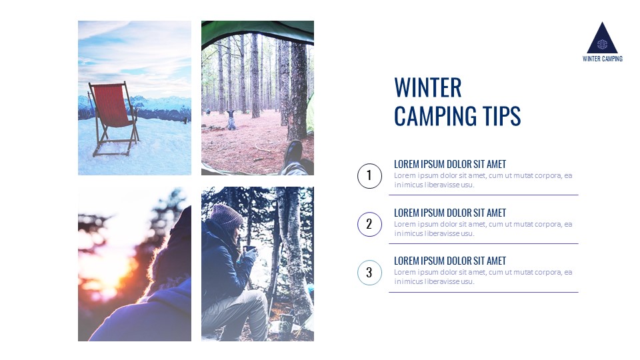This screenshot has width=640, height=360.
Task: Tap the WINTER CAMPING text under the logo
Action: click(602, 59)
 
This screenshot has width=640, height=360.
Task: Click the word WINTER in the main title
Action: click(427, 88)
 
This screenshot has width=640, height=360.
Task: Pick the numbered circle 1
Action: click(369, 177)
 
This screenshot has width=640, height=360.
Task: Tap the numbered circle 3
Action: click(369, 273)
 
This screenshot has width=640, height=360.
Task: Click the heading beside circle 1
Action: click(450, 164)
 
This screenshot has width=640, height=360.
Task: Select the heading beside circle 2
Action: click(450, 213)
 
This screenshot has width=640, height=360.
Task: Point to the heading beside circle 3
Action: click(450, 261)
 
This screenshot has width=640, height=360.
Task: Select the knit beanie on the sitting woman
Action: click(227, 216)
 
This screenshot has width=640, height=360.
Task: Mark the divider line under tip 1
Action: click(483, 195)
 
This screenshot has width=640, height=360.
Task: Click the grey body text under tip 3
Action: click(483, 277)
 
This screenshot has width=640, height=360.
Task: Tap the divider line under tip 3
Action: click(483, 292)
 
